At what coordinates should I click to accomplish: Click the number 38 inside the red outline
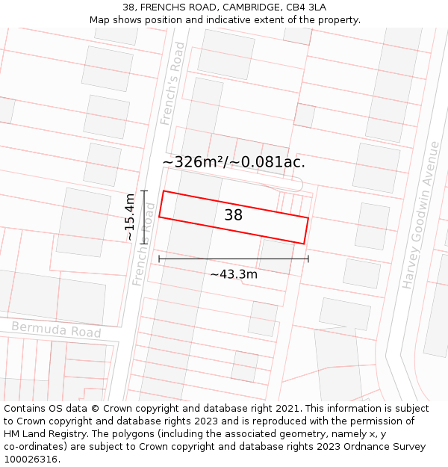233,215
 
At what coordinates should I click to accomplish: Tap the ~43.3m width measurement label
234,274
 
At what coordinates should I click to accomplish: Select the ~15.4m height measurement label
129,217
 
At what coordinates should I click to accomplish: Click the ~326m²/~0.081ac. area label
234,161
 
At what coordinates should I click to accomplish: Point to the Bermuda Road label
56,330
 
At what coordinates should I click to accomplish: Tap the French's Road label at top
172,83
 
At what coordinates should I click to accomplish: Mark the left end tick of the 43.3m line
159,259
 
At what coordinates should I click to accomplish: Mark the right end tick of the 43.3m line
308,259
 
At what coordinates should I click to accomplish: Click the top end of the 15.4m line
144,191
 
